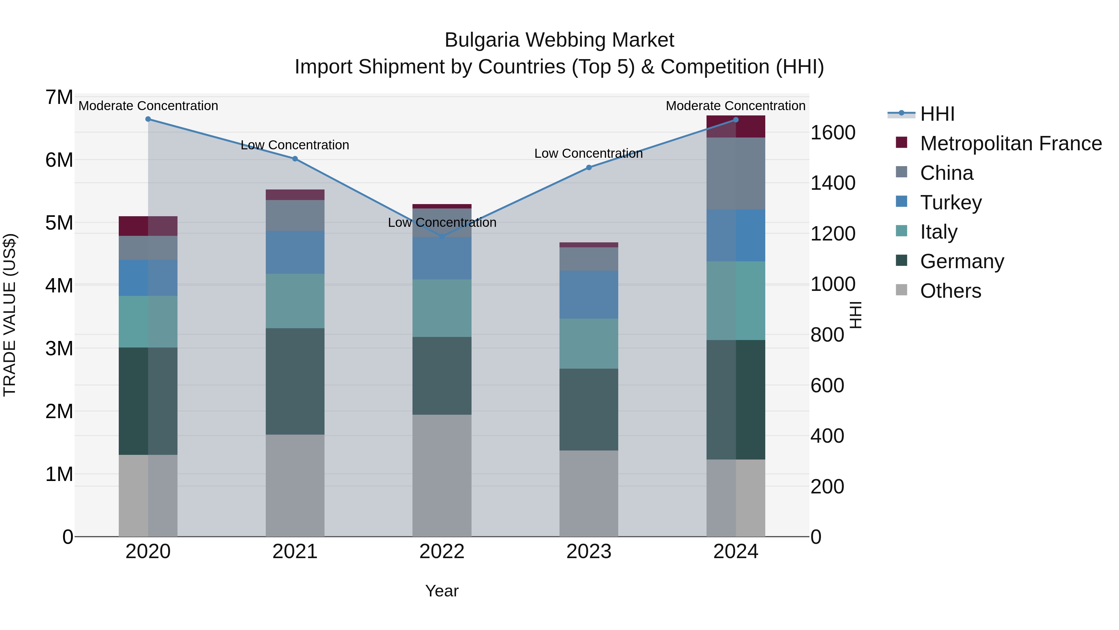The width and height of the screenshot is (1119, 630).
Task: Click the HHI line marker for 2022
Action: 442,236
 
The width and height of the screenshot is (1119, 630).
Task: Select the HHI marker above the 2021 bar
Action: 295,159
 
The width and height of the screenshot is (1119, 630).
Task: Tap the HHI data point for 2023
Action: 589,167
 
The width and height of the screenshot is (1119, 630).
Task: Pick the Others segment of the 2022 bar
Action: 442,475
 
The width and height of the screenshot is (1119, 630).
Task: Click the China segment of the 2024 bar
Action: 735,174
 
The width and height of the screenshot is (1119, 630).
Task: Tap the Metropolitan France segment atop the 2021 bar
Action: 295,194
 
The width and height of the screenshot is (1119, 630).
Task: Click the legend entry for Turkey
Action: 951,203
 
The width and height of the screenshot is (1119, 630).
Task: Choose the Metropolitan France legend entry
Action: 1011,143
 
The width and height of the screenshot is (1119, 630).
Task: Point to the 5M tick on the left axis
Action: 59,223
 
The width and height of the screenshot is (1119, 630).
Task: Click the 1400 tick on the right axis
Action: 833,183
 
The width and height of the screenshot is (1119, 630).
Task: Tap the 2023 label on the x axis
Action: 589,552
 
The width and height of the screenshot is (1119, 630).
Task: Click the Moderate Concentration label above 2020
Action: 148,106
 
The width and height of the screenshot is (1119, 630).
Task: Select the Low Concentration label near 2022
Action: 442,223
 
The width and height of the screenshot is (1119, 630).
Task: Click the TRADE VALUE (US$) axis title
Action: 10,315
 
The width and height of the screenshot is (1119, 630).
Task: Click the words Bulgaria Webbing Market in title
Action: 559,40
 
